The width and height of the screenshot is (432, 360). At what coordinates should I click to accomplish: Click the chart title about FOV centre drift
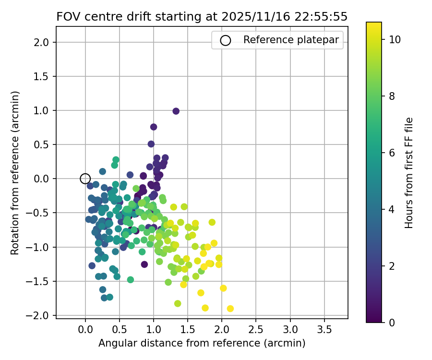click(202, 16)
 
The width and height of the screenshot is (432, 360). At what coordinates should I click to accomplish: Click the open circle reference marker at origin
click(85, 179)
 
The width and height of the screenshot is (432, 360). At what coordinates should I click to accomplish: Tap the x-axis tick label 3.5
click(324, 330)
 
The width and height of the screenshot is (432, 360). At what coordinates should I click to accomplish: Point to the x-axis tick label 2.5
click(256, 330)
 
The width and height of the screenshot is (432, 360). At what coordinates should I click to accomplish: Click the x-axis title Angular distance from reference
click(202, 343)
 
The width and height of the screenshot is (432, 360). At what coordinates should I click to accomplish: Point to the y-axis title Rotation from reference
click(15, 173)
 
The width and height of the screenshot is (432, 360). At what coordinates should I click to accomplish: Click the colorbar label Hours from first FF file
click(409, 173)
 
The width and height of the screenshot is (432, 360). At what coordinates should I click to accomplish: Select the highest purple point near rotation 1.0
click(176, 111)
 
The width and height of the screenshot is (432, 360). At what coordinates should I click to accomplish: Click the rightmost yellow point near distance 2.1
click(230, 309)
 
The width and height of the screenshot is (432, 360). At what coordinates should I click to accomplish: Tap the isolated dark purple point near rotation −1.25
click(144, 264)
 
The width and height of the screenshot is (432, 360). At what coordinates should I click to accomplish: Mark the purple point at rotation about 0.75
click(154, 127)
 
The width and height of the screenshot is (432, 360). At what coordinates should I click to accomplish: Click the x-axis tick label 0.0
click(85, 330)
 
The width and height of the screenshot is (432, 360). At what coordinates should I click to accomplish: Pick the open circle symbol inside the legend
click(225, 40)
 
